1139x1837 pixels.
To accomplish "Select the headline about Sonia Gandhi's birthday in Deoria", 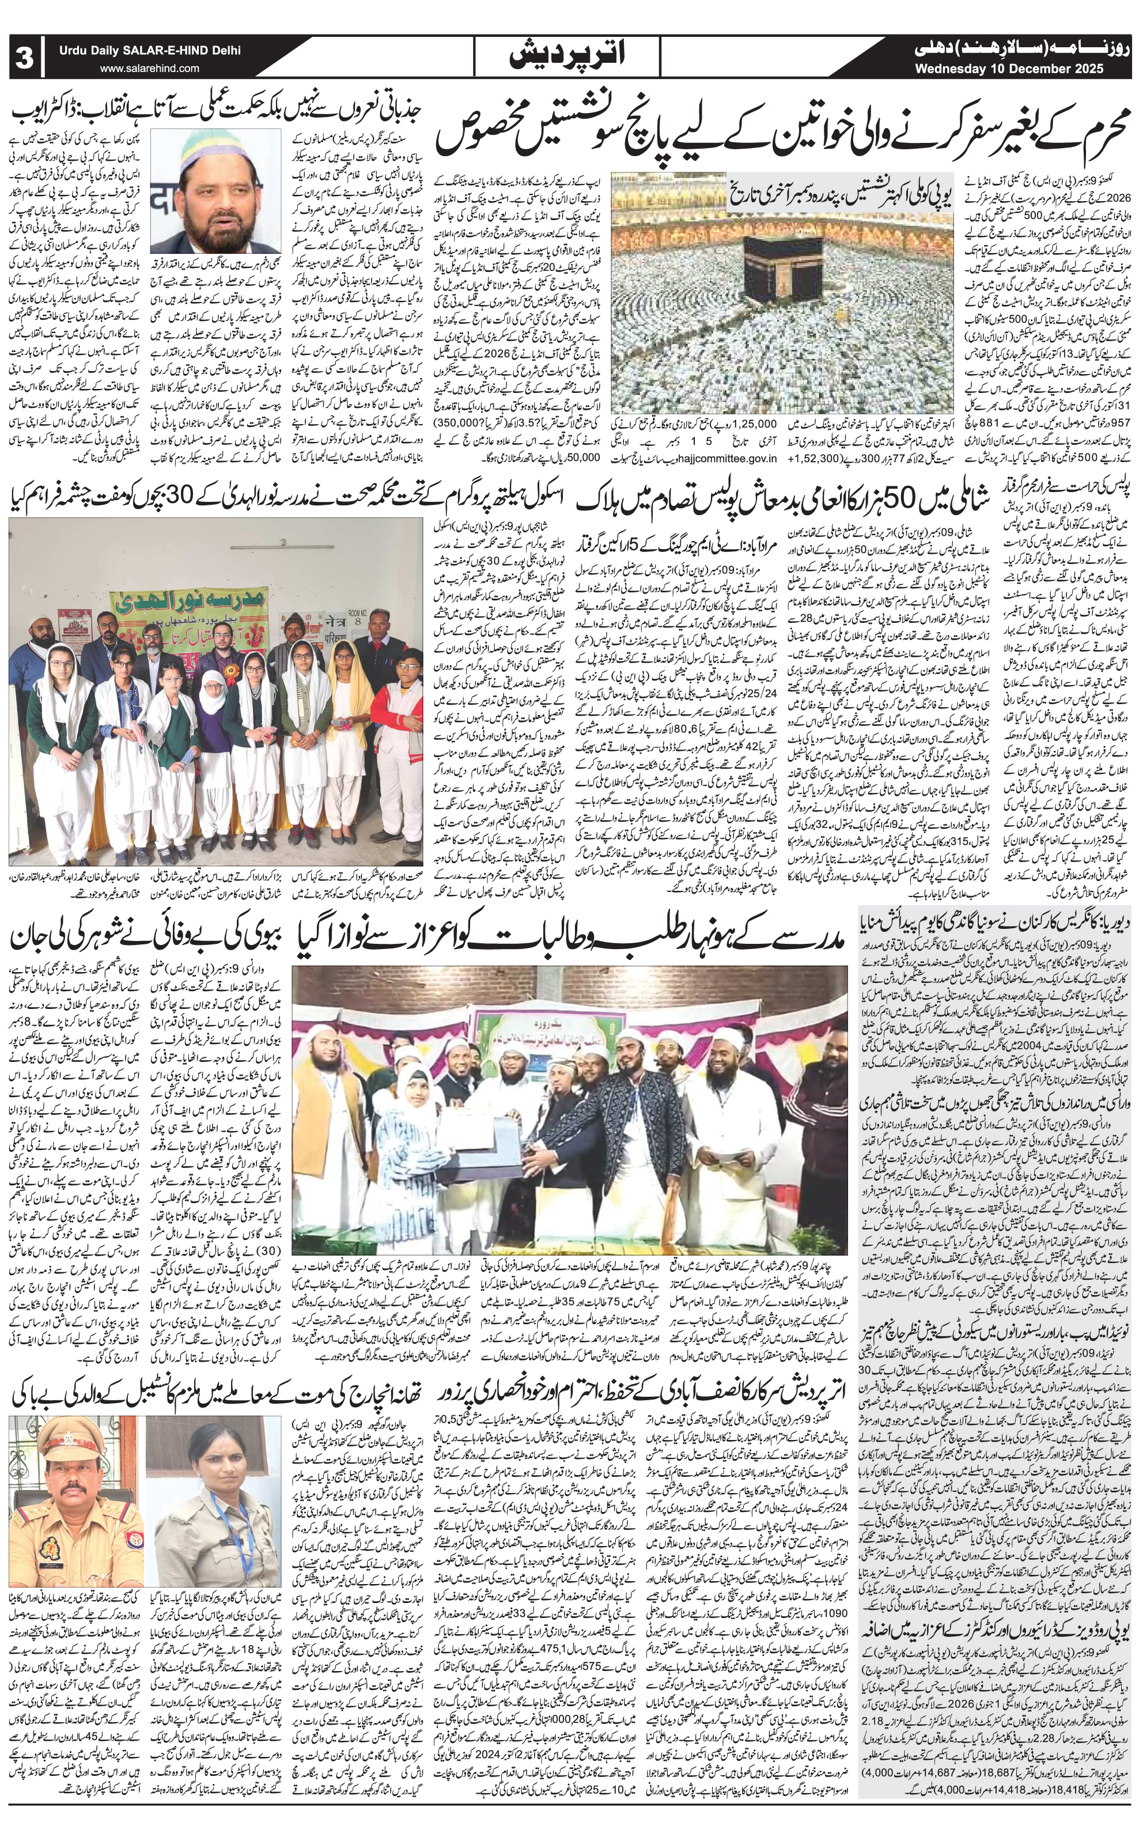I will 993,923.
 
